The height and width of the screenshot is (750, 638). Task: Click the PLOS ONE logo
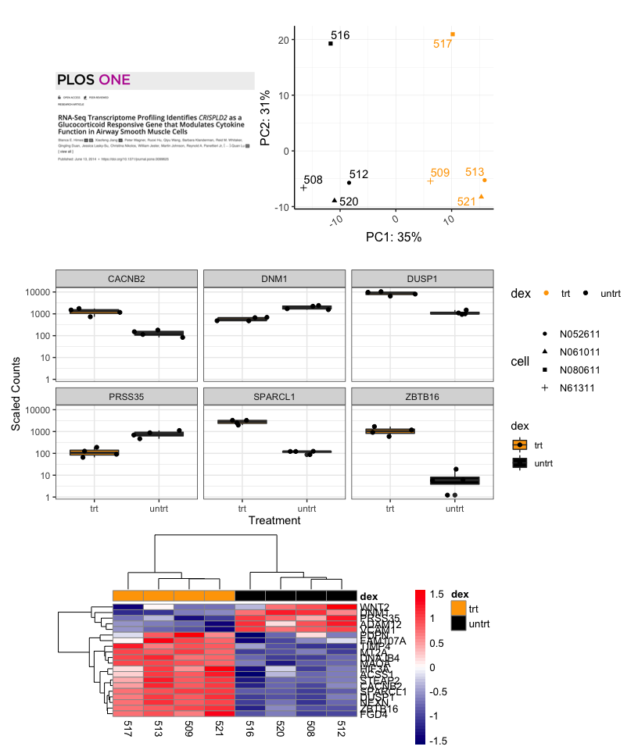coord(94,80)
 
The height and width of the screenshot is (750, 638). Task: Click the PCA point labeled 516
coord(331,44)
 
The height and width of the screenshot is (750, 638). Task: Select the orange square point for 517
coord(453,34)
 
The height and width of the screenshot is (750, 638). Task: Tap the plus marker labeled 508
coord(303,188)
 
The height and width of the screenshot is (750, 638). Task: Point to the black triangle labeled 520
coord(335,200)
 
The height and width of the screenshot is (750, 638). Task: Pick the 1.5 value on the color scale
coord(438,594)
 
